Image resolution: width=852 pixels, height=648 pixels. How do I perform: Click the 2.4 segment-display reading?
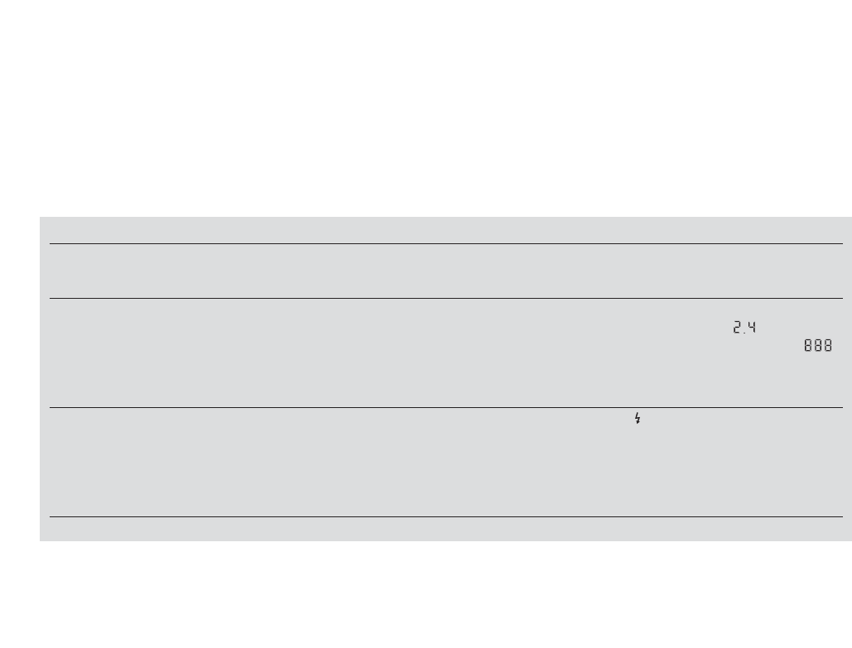744,328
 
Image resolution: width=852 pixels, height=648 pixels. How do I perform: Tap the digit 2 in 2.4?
736,328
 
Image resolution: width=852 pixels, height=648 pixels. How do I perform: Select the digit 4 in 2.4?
752,328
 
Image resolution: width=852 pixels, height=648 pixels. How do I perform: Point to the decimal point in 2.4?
744,332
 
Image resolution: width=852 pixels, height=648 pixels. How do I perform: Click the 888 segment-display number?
817,347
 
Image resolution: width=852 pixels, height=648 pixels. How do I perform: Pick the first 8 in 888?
808,347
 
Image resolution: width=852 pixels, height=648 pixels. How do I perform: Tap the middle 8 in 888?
817,347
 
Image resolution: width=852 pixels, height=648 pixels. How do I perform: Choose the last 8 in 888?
827,347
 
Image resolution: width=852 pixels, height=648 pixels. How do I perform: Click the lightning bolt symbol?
637,419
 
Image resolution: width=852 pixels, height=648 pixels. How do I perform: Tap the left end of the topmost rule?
51,243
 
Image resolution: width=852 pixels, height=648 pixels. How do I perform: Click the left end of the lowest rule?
51,516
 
